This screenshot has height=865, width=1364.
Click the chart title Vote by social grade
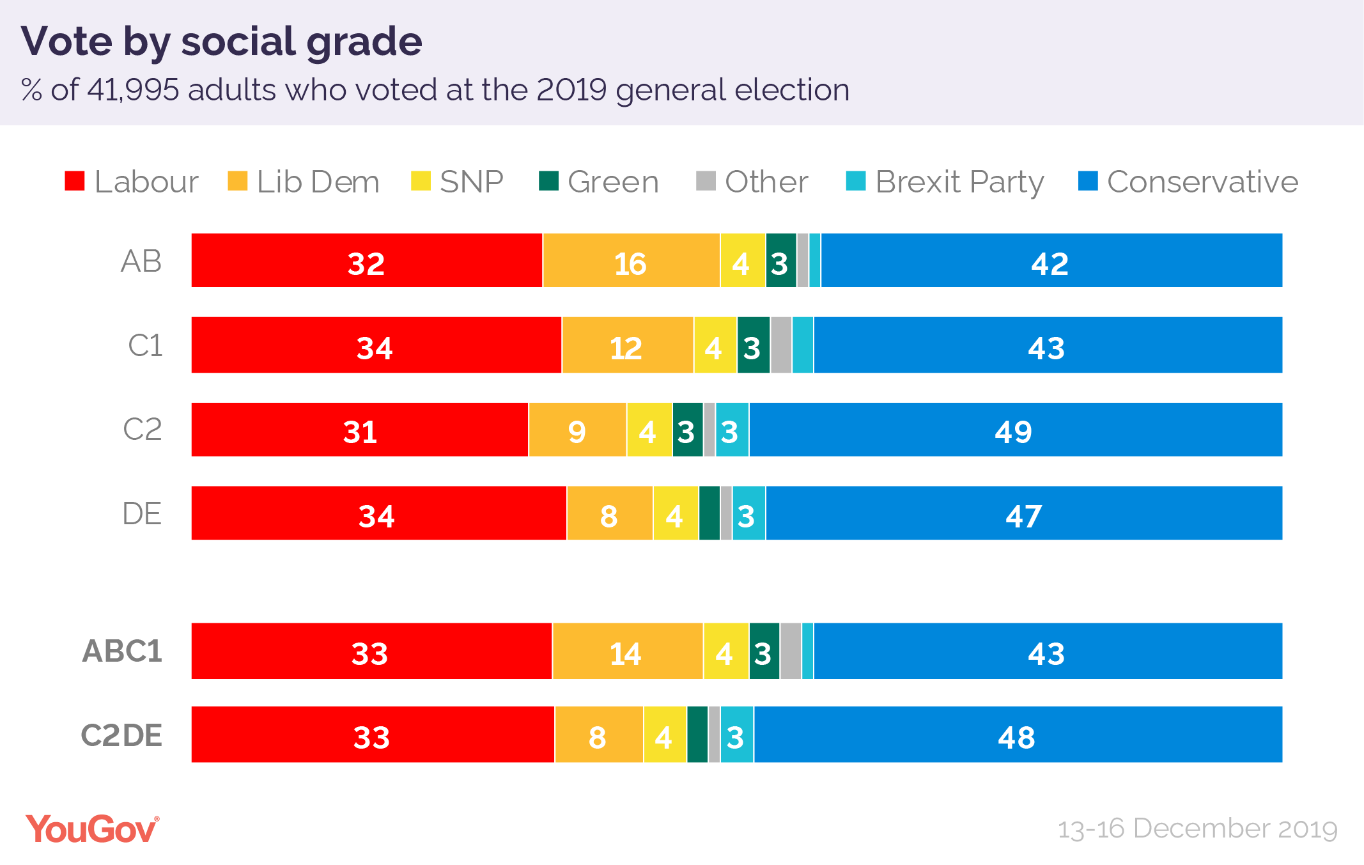(221, 42)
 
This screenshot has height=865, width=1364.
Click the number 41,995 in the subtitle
(133, 90)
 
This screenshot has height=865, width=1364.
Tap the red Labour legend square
(75, 181)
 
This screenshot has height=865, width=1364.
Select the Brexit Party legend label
(959, 182)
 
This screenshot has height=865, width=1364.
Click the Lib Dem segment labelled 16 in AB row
(631, 261)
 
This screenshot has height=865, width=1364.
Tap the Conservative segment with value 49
(1015, 430)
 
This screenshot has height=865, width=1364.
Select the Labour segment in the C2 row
(360, 430)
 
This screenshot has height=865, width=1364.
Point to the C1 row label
(145, 346)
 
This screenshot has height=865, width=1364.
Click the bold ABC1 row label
(122, 651)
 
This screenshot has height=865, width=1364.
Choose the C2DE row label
(121, 735)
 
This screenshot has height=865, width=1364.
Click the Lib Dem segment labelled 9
(577, 430)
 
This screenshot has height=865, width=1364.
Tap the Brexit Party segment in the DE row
(748, 513)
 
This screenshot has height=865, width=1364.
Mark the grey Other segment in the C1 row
(780, 345)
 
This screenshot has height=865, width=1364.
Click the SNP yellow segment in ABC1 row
(725, 651)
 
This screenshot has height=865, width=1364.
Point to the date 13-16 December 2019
(1197, 829)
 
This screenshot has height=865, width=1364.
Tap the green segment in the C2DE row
(697, 735)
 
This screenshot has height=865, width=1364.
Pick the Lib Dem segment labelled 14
(626, 651)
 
